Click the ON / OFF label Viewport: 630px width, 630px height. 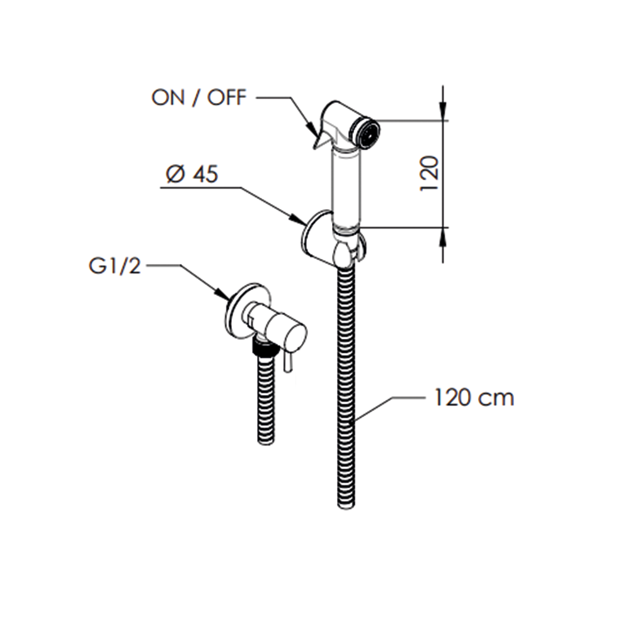(x=199, y=98)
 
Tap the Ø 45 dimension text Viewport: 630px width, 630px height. (x=192, y=175)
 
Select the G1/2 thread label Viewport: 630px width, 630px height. (x=115, y=266)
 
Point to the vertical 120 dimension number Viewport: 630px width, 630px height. (x=428, y=174)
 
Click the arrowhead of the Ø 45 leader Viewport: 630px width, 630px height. (x=299, y=219)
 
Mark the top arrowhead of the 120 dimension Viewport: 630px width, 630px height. (x=443, y=112)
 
